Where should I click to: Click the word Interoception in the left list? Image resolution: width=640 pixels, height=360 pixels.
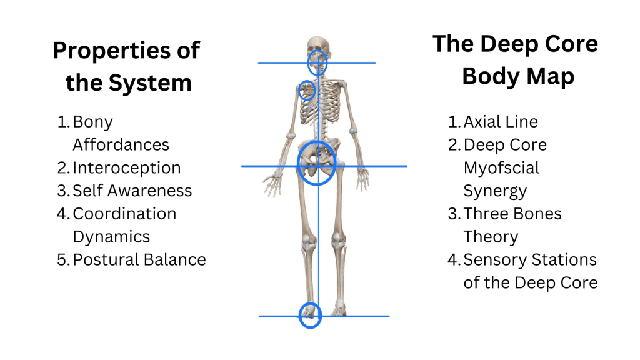[x=126, y=167]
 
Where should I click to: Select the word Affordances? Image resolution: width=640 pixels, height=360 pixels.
[x=121, y=144]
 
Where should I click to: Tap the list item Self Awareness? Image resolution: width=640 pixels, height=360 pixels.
[x=132, y=191]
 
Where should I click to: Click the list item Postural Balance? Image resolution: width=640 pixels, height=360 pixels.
[x=139, y=259]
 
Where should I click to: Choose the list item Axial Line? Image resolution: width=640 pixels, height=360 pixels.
[x=500, y=122]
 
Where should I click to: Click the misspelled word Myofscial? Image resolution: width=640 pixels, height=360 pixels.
[x=501, y=167]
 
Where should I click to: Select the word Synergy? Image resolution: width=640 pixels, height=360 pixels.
[x=495, y=191]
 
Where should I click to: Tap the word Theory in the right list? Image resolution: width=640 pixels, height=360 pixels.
[x=491, y=237]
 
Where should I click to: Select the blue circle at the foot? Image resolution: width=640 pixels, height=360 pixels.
[x=309, y=316]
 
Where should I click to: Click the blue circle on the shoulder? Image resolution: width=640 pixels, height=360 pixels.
[x=307, y=91]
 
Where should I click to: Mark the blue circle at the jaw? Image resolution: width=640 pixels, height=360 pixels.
[x=317, y=62]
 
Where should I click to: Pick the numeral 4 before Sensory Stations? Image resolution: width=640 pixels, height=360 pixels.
[x=453, y=259]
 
